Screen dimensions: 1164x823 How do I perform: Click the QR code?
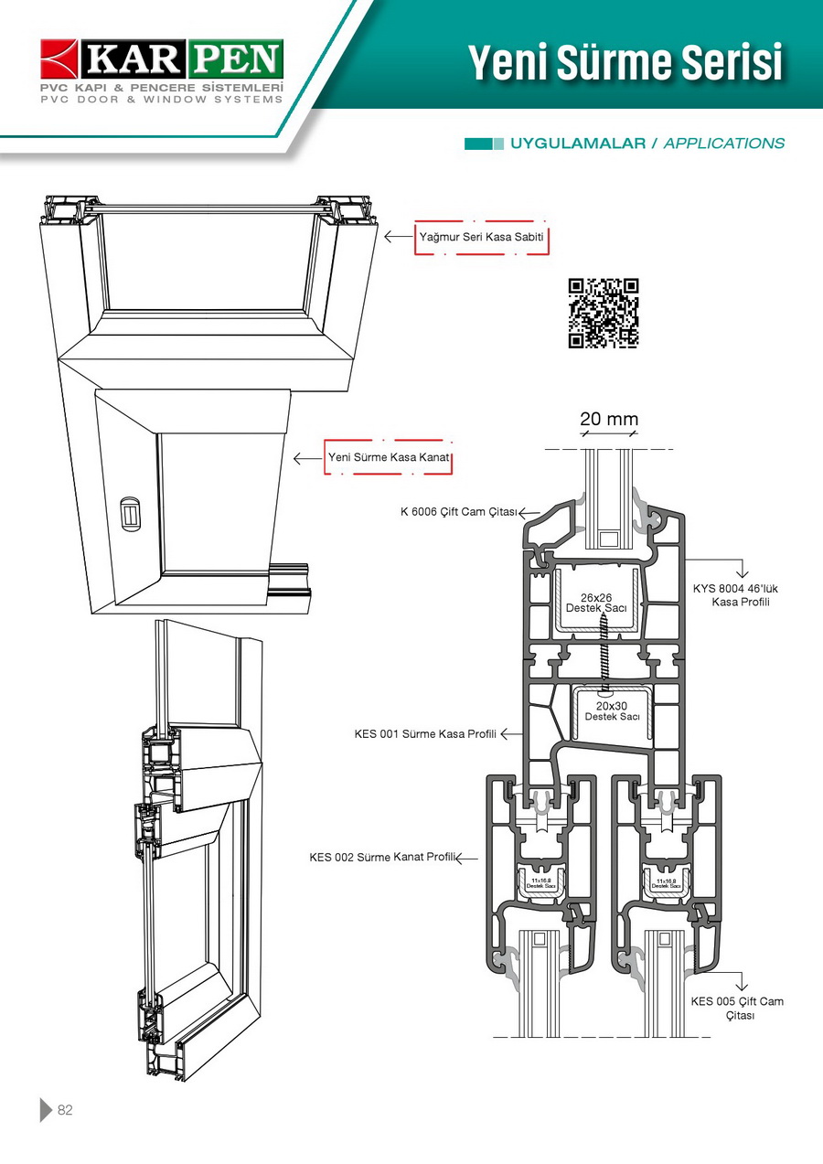tap(604, 313)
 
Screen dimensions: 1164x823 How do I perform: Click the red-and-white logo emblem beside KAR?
tap(60, 59)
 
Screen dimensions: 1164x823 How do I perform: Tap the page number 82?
tap(65, 1110)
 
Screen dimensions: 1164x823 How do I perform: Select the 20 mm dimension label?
tap(609, 419)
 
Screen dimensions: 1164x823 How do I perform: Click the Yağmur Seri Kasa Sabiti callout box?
tap(482, 237)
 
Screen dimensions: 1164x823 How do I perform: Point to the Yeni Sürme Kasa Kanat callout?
tap(389, 457)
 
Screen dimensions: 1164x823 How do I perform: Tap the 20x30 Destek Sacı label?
tap(612, 710)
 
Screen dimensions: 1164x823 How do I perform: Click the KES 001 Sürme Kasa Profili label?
tap(425, 733)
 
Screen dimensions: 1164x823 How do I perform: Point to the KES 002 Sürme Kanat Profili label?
tap(381, 857)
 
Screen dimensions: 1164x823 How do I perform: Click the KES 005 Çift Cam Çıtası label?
tap(737, 1008)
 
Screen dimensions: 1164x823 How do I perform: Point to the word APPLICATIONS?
tap(723, 144)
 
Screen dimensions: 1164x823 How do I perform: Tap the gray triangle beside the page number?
tap(46, 1110)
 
